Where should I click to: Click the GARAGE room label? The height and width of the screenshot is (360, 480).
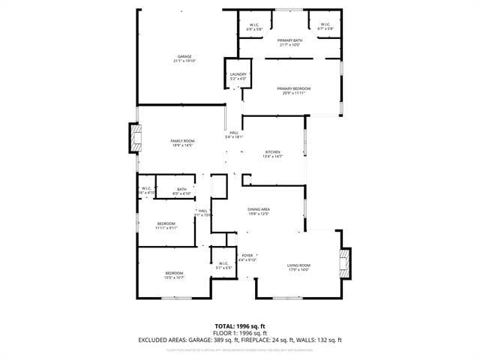point(184,57)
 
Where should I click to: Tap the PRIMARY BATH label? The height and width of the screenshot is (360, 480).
point(289,40)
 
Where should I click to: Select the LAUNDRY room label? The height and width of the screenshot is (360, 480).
point(238,74)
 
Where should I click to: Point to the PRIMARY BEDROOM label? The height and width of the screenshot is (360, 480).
point(296,88)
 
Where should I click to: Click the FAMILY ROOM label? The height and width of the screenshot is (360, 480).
point(182,141)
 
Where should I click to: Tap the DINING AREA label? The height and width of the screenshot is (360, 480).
point(259,209)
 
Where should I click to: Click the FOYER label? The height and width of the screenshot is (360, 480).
point(247,256)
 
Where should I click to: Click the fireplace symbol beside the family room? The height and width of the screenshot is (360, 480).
point(136,138)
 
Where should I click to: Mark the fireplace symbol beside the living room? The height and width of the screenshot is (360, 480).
point(345,263)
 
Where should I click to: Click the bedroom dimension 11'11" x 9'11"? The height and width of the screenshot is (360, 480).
point(166,228)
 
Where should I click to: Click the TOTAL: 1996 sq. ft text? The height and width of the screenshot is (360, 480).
point(239,325)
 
